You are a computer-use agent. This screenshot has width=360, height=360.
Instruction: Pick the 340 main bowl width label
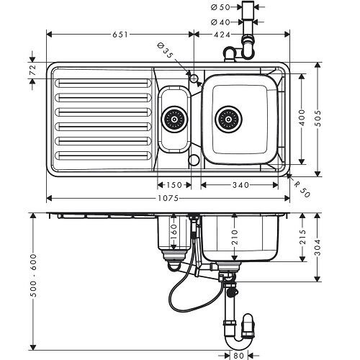pyautogui.click(x=240, y=185)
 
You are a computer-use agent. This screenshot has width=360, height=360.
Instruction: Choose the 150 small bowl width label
pyautogui.click(x=173, y=185)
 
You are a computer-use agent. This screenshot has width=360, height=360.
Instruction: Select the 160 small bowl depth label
pyautogui.click(x=173, y=232)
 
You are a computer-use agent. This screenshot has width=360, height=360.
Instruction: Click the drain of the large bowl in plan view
pyautogui.click(x=230, y=117)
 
